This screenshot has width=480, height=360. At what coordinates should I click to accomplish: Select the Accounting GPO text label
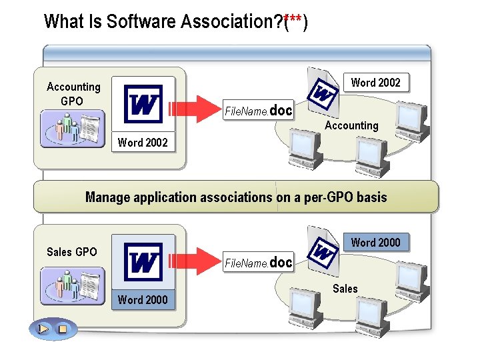point(73,94)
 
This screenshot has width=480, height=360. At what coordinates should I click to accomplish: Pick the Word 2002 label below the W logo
point(143,143)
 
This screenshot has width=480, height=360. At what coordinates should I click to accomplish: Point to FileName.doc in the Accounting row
point(258,111)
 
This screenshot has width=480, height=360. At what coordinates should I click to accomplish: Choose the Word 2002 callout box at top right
point(375,83)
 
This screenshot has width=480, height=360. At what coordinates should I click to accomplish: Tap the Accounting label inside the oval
point(351,125)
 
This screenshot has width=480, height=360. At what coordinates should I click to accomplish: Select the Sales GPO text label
point(71,252)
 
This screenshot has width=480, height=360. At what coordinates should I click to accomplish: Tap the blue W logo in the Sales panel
point(143,262)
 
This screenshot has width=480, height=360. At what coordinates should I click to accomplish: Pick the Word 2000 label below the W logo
point(143,300)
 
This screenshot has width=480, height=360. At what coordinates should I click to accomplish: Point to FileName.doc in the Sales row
point(258,263)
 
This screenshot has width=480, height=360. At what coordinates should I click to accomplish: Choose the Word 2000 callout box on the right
point(375,243)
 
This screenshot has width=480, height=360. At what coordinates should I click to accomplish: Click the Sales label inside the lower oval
point(345,289)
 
